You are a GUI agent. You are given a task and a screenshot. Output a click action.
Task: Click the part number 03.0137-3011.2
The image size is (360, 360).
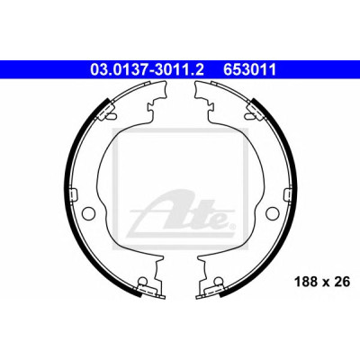pyautogui.click(x=147, y=70)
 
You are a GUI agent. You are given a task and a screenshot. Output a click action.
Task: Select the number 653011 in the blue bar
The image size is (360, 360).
pyautogui.click(x=248, y=70)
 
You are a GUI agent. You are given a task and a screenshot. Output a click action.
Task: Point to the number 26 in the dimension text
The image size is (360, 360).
pyautogui.click(x=344, y=282)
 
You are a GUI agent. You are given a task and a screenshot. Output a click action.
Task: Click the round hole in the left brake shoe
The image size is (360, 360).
pyautogui.click(x=87, y=212)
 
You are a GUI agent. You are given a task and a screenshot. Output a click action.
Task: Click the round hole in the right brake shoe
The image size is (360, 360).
pyautogui.click(x=273, y=212)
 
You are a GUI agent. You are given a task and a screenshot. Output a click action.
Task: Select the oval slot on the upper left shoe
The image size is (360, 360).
pyautogui.click(x=112, y=115)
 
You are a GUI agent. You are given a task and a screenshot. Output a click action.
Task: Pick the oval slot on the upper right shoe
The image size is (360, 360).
pyautogui.click(x=248, y=115)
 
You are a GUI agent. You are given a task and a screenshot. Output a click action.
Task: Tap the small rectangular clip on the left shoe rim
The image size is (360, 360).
pyautogui.click(x=74, y=193)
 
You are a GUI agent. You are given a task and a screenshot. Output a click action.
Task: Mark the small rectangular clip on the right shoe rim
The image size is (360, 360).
pyautogui.click(x=286, y=193)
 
